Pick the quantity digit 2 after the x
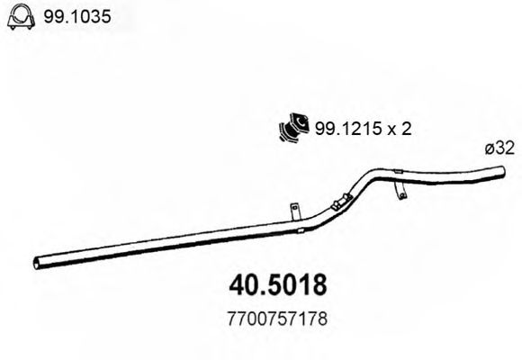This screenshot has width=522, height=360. coord(406,130)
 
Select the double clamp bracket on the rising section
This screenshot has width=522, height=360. coord(339,203)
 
